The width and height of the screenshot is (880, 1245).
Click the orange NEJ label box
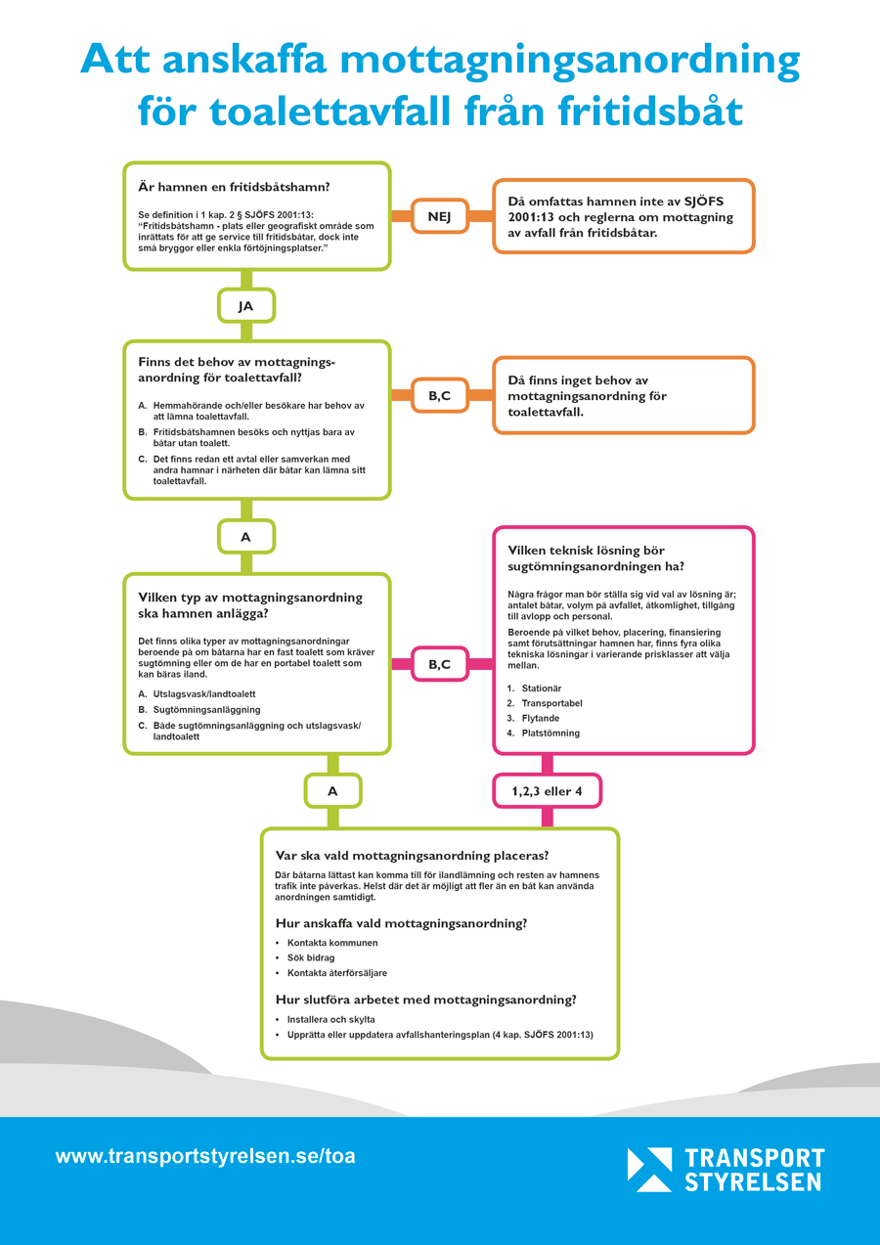click(439, 216)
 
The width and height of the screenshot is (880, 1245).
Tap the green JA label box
click(246, 306)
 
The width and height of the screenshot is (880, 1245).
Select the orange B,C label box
click(439, 395)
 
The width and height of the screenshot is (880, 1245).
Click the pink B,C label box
click(439, 664)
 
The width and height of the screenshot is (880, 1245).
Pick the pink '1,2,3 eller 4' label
click(548, 790)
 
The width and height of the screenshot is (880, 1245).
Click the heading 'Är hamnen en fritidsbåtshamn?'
click(234, 187)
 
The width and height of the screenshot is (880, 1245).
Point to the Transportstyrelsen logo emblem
click(649, 1170)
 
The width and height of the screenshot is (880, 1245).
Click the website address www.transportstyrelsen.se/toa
click(205, 1157)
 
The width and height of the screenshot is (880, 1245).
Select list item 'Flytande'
click(540, 718)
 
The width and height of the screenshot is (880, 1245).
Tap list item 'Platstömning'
click(550, 734)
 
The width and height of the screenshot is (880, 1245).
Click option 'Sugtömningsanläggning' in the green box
click(206, 710)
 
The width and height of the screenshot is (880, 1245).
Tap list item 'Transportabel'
click(551, 703)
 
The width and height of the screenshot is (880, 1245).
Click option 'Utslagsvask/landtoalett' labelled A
click(204, 694)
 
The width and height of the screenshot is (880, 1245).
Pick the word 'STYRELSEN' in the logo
click(753, 1182)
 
